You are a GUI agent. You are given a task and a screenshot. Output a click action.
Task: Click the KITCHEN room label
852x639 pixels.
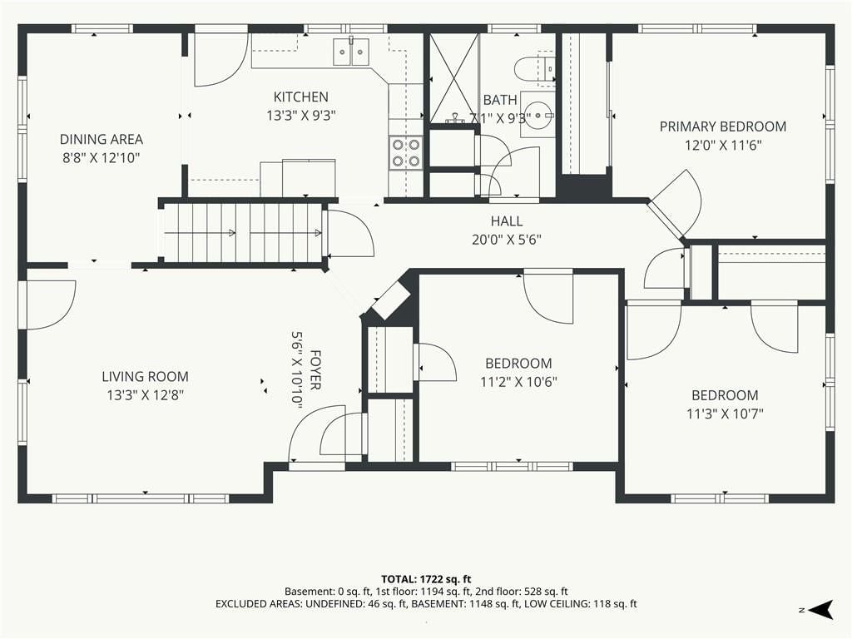pos(300,97)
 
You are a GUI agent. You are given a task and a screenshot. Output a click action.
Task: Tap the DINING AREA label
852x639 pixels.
pos(101,140)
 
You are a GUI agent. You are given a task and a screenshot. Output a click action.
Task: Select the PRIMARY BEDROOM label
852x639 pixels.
pos(723,126)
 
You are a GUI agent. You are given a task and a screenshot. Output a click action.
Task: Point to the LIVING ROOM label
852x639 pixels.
pos(145,377)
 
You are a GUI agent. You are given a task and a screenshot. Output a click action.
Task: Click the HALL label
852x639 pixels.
pos(507,221)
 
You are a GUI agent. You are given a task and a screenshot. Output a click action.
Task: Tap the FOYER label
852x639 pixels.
pos(315,370)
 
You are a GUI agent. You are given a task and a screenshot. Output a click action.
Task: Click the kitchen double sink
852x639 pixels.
pos(350,52)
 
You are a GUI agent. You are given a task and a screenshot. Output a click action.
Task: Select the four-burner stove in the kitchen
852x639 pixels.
pos(406,153)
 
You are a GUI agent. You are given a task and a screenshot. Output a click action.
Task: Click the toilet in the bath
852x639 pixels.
pos(533,68)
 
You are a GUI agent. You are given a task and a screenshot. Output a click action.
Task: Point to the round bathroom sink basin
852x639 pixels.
pos(538,115)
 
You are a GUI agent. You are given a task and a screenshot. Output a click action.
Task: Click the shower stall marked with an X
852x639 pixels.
pos(454,78)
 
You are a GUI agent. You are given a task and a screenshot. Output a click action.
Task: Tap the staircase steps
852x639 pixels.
pos(243,233)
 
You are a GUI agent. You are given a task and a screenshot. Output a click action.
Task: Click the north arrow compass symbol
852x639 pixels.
pos(821,609)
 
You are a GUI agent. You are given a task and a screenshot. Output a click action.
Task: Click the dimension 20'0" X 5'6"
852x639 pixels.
pos(507,240)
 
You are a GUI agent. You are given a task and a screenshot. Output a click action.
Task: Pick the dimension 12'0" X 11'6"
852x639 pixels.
pos(723,145)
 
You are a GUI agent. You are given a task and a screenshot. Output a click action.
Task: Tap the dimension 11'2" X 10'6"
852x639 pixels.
pos(518,382)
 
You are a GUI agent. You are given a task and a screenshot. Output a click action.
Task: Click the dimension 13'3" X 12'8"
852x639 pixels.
pos(145,395)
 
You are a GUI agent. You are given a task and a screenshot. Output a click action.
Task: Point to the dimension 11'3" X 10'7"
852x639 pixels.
pos(725,414)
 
